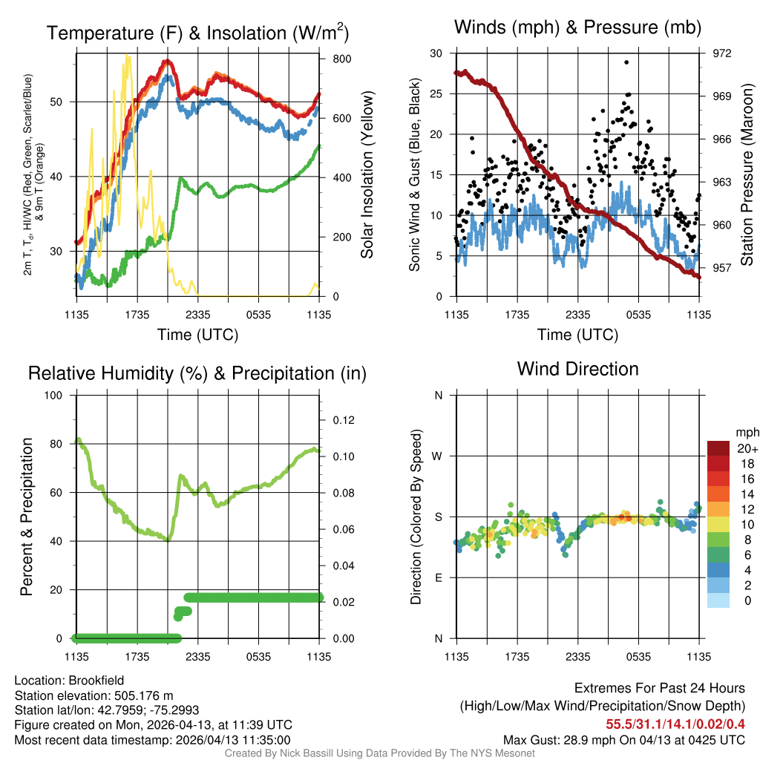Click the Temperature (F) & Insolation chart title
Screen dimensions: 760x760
tap(197, 33)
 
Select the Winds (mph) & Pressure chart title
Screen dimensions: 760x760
tap(577, 28)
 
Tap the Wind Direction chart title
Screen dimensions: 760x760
tap(577, 369)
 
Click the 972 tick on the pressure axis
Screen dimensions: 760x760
tap(722, 53)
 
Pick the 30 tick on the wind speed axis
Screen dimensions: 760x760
tap(437, 53)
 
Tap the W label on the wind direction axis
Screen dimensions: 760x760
tap(438, 456)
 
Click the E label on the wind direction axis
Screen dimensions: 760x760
tap(439, 577)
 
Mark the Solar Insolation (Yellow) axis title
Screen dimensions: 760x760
tap(367, 175)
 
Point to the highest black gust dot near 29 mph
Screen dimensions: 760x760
tap(626, 62)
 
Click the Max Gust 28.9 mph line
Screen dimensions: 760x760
tap(623, 739)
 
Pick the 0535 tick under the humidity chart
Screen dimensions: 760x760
tap(258, 656)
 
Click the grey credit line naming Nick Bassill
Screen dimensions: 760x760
tap(379, 753)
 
